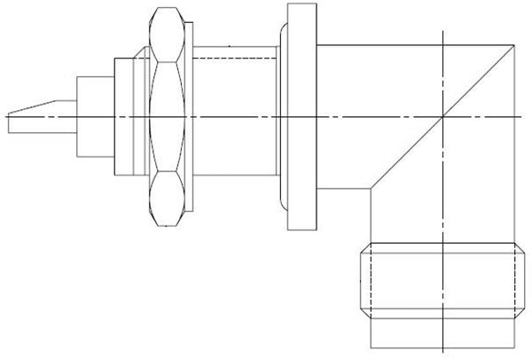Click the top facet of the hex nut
168,36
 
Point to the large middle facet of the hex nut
168,116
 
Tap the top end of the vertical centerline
443,33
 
